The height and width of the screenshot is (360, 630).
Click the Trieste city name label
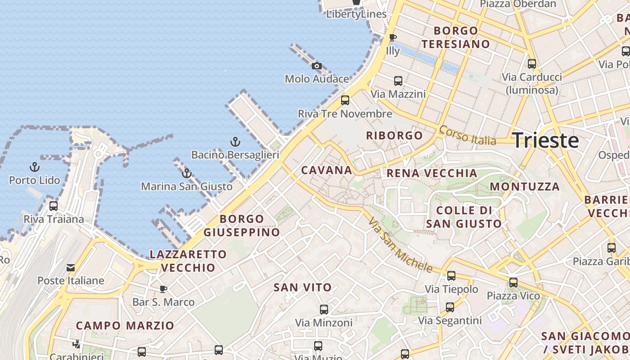click(545, 140)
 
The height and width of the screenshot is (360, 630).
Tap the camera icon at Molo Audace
click(317, 66)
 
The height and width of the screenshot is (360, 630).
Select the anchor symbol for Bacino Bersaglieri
click(235, 142)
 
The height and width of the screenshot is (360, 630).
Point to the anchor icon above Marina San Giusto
click(187, 173)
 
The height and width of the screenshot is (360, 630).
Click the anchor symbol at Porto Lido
click(35, 167)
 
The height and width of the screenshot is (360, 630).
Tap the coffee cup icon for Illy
click(392, 37)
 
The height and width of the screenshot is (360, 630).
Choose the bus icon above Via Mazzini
click(398, 81)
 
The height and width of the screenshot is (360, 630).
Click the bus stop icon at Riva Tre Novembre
click(345, 100)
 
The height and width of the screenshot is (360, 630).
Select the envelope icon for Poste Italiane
click(71, 268)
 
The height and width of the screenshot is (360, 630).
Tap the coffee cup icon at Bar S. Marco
click(163, 288)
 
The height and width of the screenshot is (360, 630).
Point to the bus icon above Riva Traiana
click(54, 206)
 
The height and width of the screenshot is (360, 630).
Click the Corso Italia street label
click(468, 135)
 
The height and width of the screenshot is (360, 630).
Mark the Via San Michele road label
click(400, 245)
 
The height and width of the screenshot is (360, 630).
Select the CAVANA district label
click(326, 170)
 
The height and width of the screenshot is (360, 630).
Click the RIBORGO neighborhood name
click(394, 135)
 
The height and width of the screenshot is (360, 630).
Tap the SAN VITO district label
click(302, 287)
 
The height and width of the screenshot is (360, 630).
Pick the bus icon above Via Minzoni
click(324, 310)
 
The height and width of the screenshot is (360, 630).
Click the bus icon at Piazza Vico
click(513, 283)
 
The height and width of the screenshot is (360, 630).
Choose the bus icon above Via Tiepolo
click(451, 276)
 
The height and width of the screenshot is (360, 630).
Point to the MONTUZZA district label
click(525, 186)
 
